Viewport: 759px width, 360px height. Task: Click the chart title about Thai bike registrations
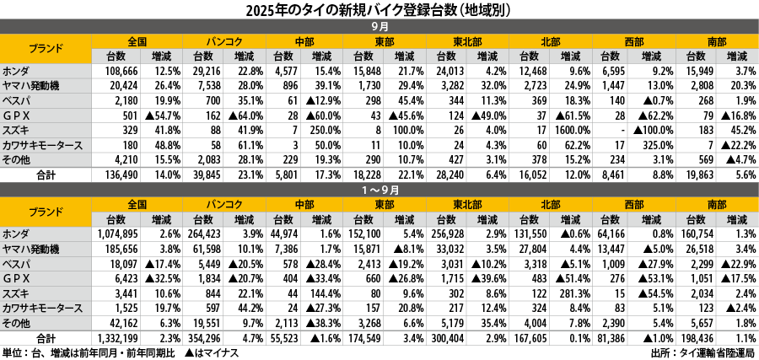pyautogui.click(x=379, y=9)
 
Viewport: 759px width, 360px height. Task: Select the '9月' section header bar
pyautogui.click(x=379, y=27)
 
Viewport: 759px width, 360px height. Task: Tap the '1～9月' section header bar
pyautogui.click(x=379, y=190)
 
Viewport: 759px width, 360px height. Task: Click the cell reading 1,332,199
pyautogui.click(x=120, y=337)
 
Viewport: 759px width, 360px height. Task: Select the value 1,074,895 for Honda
pyautogui.click(x=120, y=233)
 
